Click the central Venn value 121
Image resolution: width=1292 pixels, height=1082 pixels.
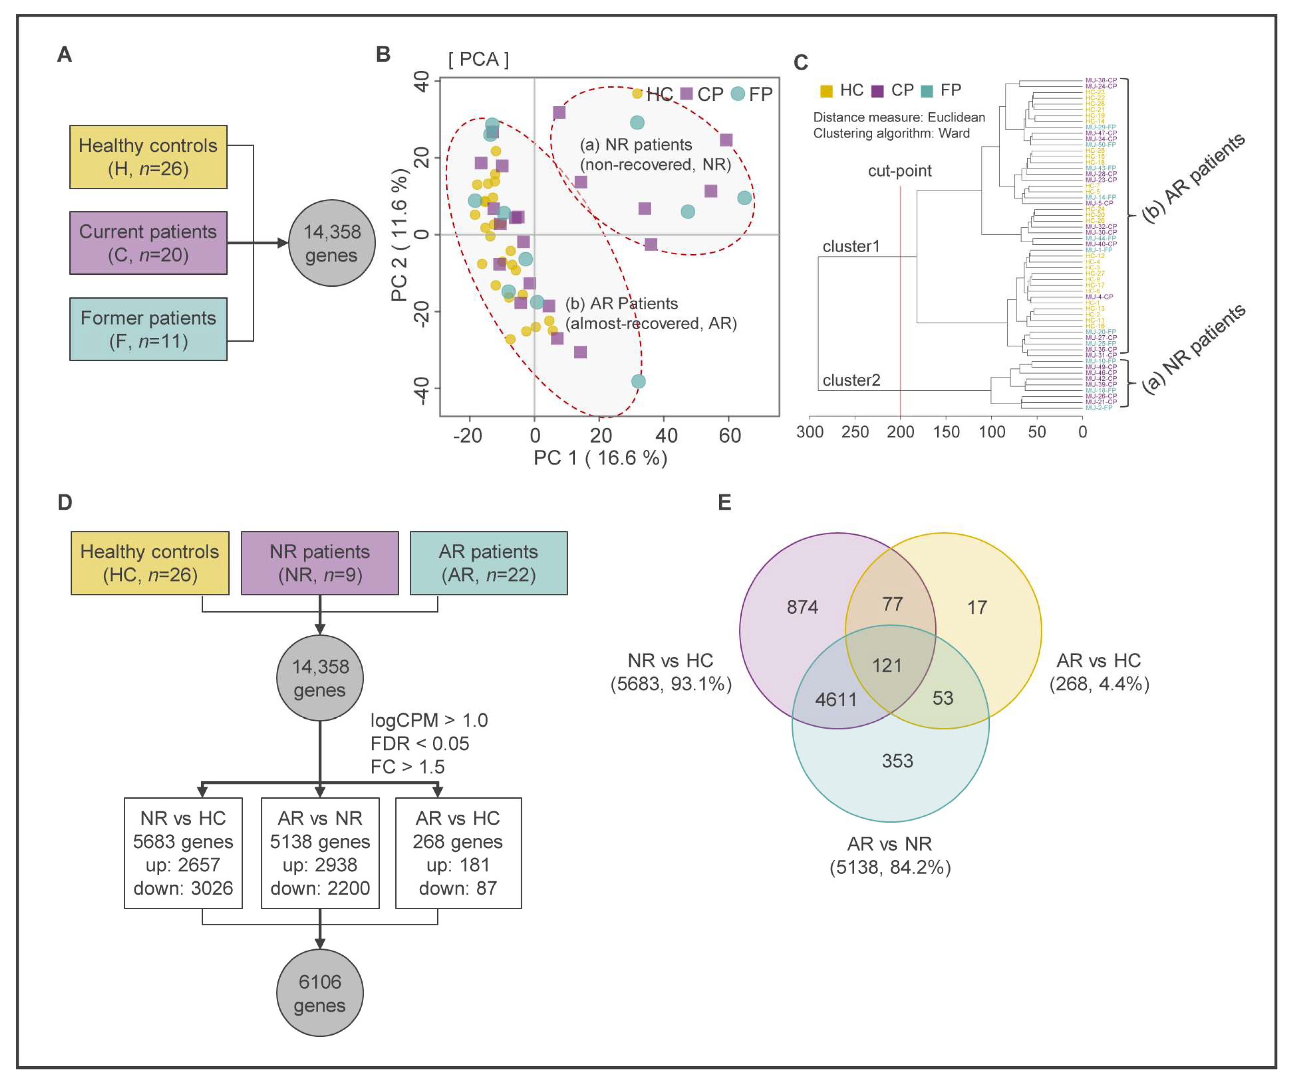click(887, 665)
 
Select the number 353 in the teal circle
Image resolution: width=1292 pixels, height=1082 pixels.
click(897, 761)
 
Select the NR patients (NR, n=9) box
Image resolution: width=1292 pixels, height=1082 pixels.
click(319, 563)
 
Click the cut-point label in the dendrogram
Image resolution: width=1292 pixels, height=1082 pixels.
click(899, 171)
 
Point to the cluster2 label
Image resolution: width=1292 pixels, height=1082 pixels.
click(851, 380)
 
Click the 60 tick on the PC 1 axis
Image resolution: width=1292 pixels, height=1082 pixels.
click(730, 436)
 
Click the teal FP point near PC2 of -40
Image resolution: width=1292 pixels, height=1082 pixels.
click(638, 381)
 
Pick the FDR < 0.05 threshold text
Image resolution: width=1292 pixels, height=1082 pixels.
click(420, 744)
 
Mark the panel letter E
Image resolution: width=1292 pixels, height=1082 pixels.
click(724, 503)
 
